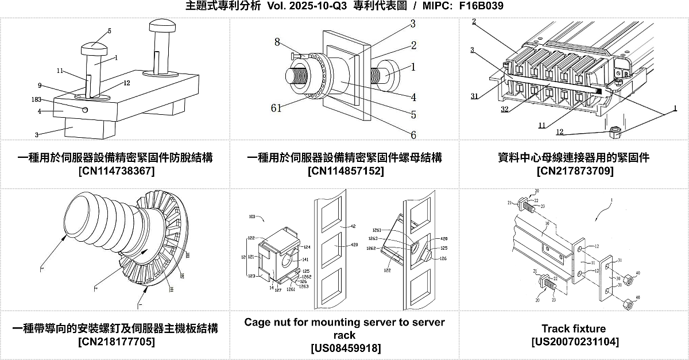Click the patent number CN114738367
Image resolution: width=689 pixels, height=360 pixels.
115,171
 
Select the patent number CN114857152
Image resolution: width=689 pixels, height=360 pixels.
345,171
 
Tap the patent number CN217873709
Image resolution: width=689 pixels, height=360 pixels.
574,171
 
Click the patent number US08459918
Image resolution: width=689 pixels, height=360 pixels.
345,349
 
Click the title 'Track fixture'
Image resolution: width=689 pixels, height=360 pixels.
574,328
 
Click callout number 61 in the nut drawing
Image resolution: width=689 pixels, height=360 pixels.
277,107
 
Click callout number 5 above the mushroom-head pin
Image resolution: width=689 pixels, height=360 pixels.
109,30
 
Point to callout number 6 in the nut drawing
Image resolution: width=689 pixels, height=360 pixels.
412,136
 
